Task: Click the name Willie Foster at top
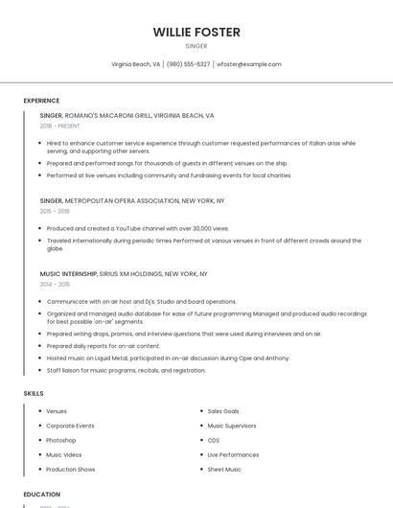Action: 196,32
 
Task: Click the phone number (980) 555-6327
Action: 188,64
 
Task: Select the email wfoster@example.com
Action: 248,64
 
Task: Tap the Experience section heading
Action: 41,101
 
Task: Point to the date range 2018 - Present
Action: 59,126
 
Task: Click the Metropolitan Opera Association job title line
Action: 132,201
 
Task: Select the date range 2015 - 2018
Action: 55,211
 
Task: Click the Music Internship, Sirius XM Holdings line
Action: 124,273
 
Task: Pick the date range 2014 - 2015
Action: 55,284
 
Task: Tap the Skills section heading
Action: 33,393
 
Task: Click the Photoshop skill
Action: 61,440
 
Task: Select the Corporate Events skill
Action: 70,426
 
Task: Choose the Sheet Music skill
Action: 224,470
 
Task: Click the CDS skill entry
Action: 213,440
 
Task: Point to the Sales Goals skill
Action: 223,411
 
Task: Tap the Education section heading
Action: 41,495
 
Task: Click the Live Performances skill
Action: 233,454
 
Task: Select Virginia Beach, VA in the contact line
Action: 135,64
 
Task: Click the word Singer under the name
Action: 196,45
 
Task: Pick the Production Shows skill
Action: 71,470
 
